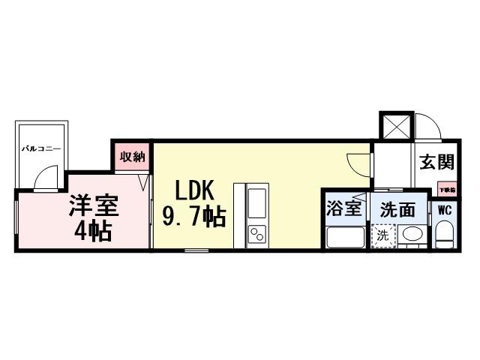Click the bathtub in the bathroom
[x=345, y=238]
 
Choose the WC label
[x=444, y=211]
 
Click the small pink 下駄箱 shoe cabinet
[x=447, y=190]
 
